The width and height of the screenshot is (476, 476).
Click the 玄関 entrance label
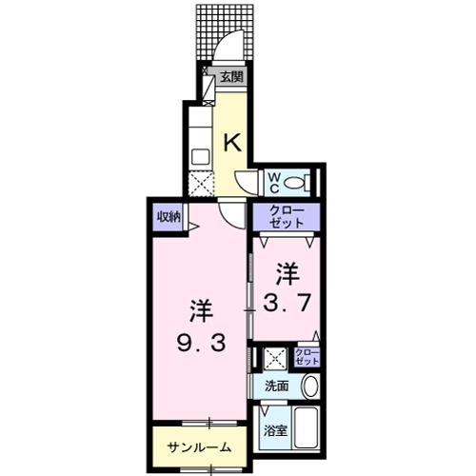pos(231,77)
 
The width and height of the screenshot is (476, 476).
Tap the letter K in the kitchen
pos(233,143)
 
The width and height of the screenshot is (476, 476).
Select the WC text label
pos(274,183)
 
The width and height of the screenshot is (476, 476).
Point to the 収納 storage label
pos(169,217)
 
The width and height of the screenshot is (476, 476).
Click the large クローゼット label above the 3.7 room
pos(287,217)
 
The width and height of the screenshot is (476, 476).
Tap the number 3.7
pos(286,304)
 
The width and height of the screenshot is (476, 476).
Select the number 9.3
pos(201,343)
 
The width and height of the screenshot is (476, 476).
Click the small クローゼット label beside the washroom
pos(307,357)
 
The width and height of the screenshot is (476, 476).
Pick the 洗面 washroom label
pos(277,386)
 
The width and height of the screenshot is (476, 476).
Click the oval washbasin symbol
pos(310,387)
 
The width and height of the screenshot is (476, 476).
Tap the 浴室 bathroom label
pos(276,430)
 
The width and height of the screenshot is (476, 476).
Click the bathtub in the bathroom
pos(305,427)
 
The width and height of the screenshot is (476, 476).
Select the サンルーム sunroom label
pos(199,447)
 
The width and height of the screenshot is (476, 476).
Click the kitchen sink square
pos(201,156)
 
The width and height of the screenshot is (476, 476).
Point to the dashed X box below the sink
pos(201,184)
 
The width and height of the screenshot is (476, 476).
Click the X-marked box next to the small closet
pos(275,359)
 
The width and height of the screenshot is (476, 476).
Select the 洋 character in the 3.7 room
pos(288,273)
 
